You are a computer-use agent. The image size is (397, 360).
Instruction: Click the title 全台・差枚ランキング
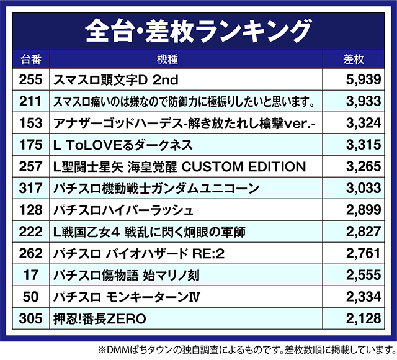coord(198,29)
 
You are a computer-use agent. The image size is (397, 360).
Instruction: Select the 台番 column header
coord(30,60)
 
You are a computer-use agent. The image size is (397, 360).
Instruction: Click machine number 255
coord(30,79)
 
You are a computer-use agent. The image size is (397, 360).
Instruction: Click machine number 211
coord(30,101)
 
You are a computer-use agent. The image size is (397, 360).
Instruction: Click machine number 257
coord(30,166)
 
